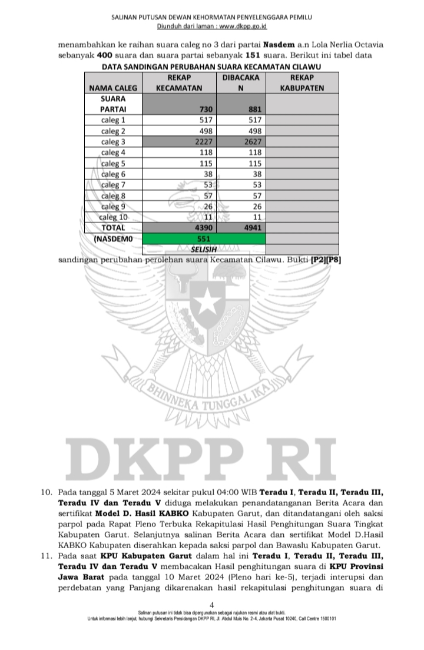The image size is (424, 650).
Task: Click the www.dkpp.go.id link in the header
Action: [x=243, y=27]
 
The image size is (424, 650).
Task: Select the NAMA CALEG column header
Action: [x=113, y=88]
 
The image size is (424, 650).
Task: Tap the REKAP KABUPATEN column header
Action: [x=302, y=83]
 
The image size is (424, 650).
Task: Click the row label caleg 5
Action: [x=113, y=164]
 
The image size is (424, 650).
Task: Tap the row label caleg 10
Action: [x=113, y=217]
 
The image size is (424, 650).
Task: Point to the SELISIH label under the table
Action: [x=202, y=250]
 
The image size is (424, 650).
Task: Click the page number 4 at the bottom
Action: [x=211, y=605]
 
